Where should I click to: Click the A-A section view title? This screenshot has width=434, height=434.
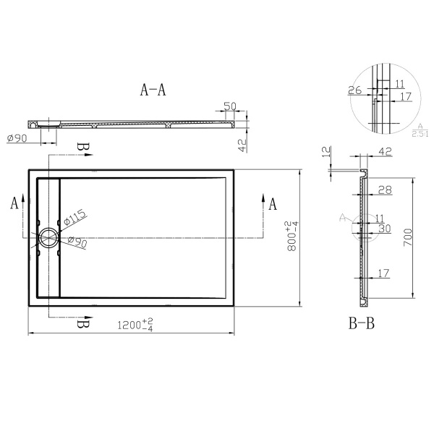point(153,90)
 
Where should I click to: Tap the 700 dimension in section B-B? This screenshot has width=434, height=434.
point(409,237)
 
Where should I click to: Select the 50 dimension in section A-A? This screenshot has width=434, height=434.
point(230,106)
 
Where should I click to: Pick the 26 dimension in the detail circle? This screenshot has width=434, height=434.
point(355,90)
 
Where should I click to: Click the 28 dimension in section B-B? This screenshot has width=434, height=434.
point(384,190)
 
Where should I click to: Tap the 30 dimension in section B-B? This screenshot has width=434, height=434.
point(384,227)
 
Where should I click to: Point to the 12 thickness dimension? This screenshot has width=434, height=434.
point(326,153)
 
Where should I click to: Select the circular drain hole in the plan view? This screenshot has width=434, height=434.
point(49,237)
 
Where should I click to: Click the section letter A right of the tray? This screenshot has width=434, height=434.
point(273,204)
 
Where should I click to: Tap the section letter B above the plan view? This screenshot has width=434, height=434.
point(83,148)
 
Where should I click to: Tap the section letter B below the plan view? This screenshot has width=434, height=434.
point(83,323)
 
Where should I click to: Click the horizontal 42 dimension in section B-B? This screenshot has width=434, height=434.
point(384,152)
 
